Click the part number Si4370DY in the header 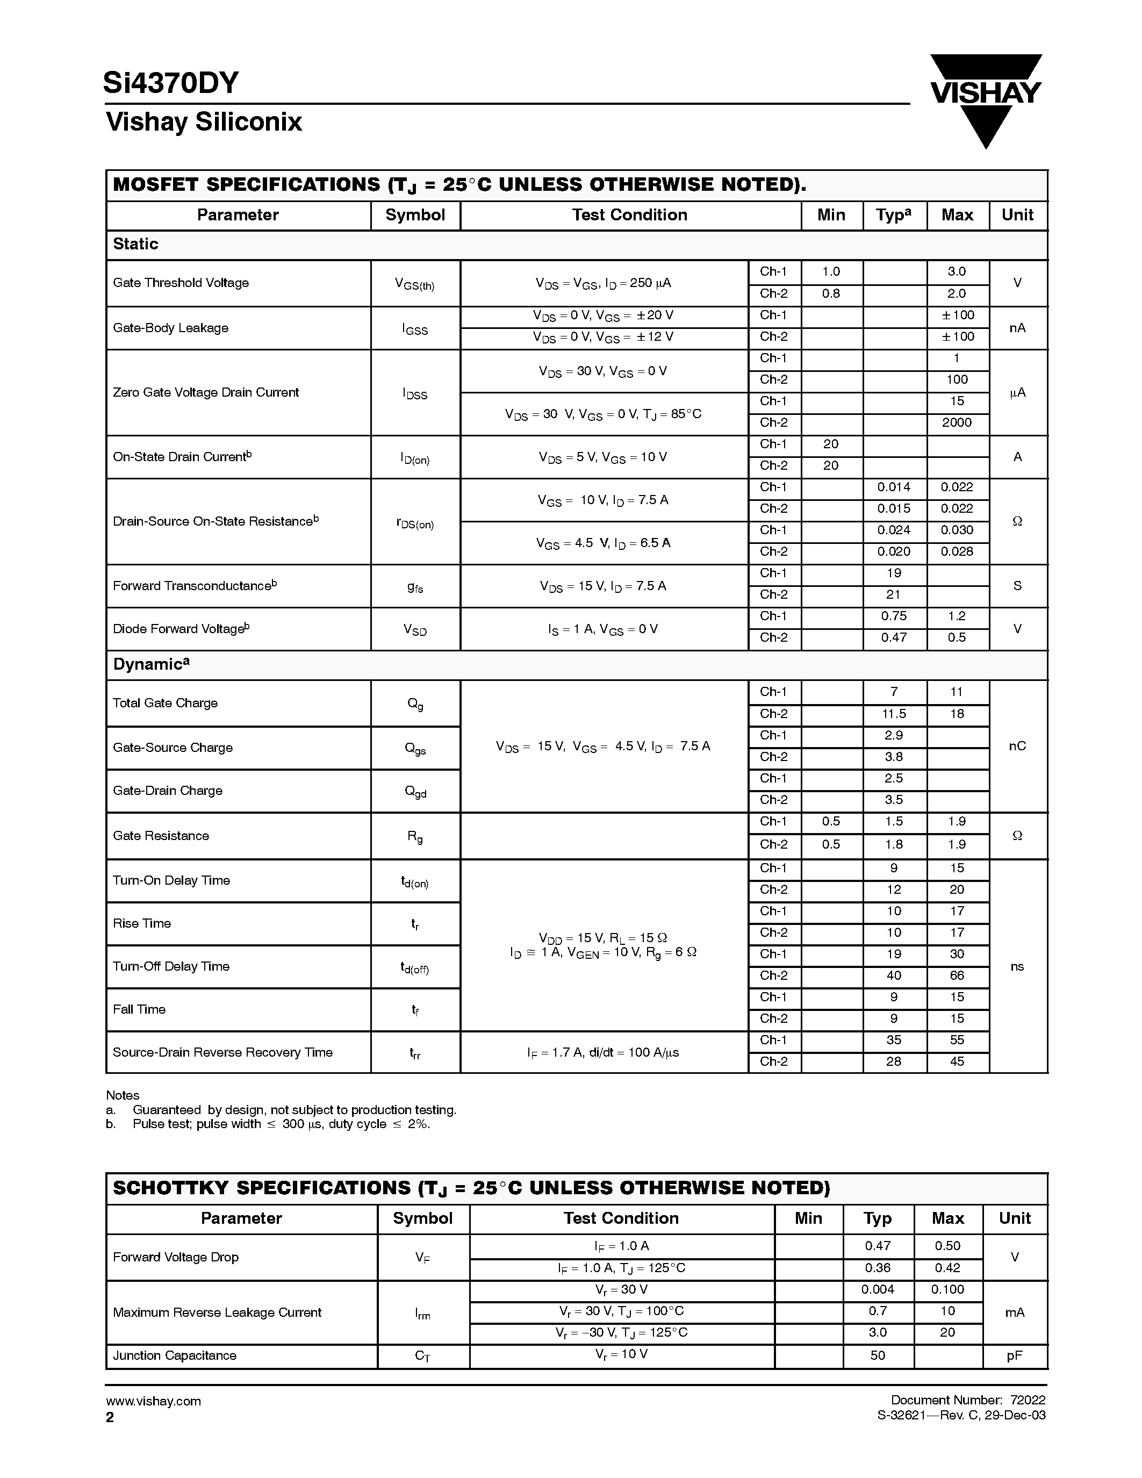pyautogui.click(x=171, y=83)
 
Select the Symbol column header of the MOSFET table pyautogui.click(x=415, y=215)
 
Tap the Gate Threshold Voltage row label pyautogui.click(x=181, y=283)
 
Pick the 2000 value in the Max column pyautogui.click(x=957, y=423)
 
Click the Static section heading pyautogui.click(x=135, y=245)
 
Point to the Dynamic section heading pyautogui.click(x=150, y=664)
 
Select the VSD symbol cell pyautogui.click(x=415, y=629)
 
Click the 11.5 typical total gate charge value pyautogui.click(x=894, y=714)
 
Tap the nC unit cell pyautogui.click(x=1017, y=746)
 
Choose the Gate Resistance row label pyautogui.click(x=161, y=836)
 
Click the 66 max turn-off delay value pyautogui.click(x=957, y=976)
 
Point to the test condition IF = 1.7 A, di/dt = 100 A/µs pyautogui.click(x=603, y=1052)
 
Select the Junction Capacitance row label pyautogui.click(x=175, y=1355)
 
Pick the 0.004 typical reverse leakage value pyautogui.click(x=878, y=1290)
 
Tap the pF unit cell pyautogui.click(x=1014, y=1355)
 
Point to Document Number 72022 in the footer pyautogui.click(x=967, y=1400)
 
